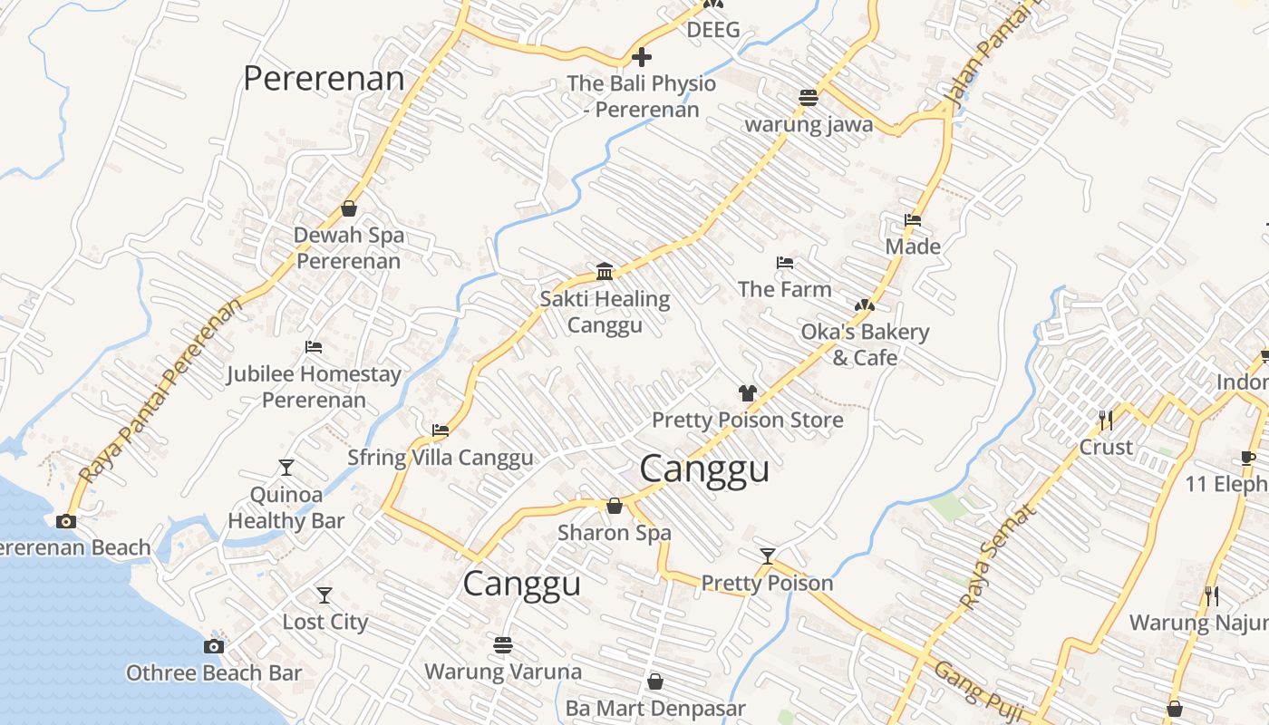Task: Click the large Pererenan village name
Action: (x=324, y=79)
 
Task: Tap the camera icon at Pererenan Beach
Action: (x=65, y=521)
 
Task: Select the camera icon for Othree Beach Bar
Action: (x=214, y=646)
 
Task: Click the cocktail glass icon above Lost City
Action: (x=324, y=595)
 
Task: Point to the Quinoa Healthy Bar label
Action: (x=286, y=507)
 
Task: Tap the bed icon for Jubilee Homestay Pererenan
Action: (x=314, y=347)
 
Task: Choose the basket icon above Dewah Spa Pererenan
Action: (x=349, y=209)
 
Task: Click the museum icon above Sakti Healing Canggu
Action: (x=605, y=272)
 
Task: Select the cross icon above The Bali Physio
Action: (x=642, y=58)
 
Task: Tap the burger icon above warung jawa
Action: (x=808, y=98)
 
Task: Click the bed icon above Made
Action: (x=913, y=220)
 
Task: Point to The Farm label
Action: (x=784, y=289)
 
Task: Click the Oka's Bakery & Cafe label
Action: (x=865, y=344)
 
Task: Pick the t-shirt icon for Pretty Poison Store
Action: (x=747, y=393)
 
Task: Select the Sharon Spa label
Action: (x=614, y=532)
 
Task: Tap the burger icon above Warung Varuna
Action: (x=503, y=644)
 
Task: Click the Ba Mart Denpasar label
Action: (x=654, y=708)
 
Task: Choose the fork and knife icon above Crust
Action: (x=1106, y=420)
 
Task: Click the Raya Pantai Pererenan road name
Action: (x=161, y=390)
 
